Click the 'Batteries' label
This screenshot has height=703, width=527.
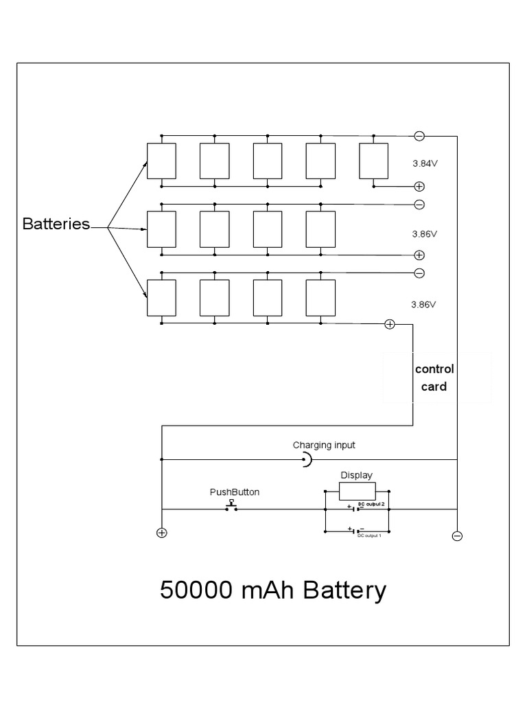[x=56, y=224]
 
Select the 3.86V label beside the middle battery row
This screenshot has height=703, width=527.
[x=424, y=233]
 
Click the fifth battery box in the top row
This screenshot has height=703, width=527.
[x=373, y=161]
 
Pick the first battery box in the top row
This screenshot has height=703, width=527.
[x=161, y=161]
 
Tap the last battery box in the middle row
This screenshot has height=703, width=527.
[x=320, y=229]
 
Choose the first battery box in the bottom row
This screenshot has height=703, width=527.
[x=161, y=298]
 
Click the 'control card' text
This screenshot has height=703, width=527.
[x=434, y=378]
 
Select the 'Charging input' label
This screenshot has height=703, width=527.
[x=324, y=445]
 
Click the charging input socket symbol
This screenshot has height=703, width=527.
[x=307, y=460]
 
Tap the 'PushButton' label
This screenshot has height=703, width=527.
[x=234, y=492]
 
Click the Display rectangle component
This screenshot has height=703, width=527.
[x=357, y=491]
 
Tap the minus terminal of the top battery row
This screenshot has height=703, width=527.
[x=419, y=135]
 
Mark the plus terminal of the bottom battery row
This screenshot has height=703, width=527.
[x=390, y=324]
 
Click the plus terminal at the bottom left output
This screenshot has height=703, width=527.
[x=161, y=533]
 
